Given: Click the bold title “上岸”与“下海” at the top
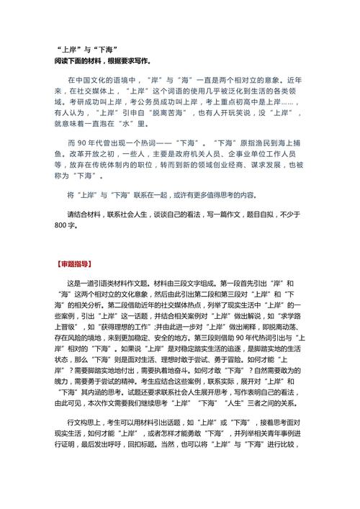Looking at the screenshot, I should coord(91,48).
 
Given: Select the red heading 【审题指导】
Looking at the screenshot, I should coord(78,262).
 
